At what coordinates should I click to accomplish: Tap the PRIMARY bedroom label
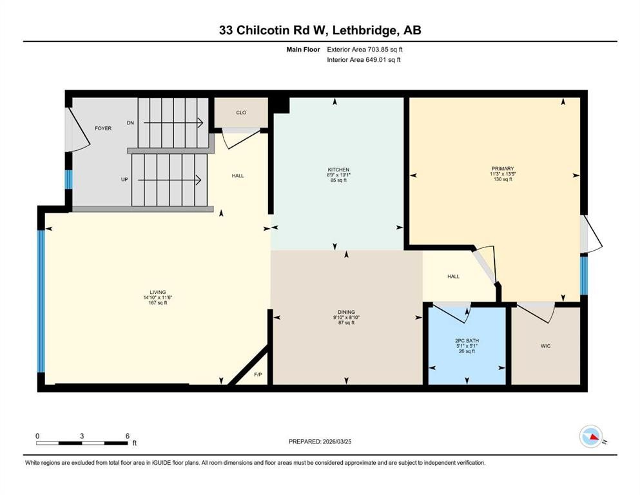[x=502, y=168]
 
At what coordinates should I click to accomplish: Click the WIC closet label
[x=545, y=346]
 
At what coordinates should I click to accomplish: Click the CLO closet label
[x=241, y=113]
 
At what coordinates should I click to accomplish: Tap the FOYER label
[x=103, y=128]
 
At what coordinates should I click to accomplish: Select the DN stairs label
[x=130, y=122]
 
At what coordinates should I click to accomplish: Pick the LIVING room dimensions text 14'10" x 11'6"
[x=158, y=297]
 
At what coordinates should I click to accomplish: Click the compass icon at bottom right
[x=590, y=437]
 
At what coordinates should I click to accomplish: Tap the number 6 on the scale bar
[x=127, y=436]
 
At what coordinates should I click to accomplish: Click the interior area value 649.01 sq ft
[x=381, y=60]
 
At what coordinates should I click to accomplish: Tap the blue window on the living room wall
[x=41, y=301]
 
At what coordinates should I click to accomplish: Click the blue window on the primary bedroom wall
[x=583, y=275]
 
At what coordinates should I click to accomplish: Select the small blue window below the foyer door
[x=68, y=180]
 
